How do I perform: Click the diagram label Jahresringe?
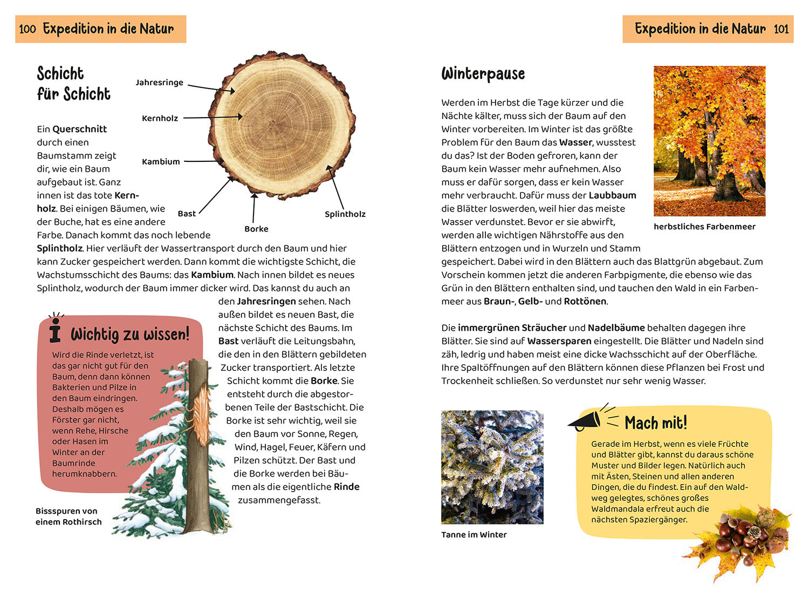[159, 83]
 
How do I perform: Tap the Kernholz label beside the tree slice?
[160, 118]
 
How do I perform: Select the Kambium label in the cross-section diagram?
[161, 161]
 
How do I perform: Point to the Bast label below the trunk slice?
[187, 214]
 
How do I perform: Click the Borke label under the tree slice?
[256, 229]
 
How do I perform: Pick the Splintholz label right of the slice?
[345, 214]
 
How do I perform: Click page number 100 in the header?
[28, 29]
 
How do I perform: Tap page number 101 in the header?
[781, 29]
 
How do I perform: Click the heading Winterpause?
[483, 74]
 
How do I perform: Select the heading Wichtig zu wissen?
[130, 334]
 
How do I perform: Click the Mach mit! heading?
[656, 423]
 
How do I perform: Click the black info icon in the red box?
[55, 330]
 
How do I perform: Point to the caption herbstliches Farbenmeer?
[704, 227]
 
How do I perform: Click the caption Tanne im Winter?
[474, 535]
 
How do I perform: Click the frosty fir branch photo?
[492, 467]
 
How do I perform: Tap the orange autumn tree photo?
[709, 141]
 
